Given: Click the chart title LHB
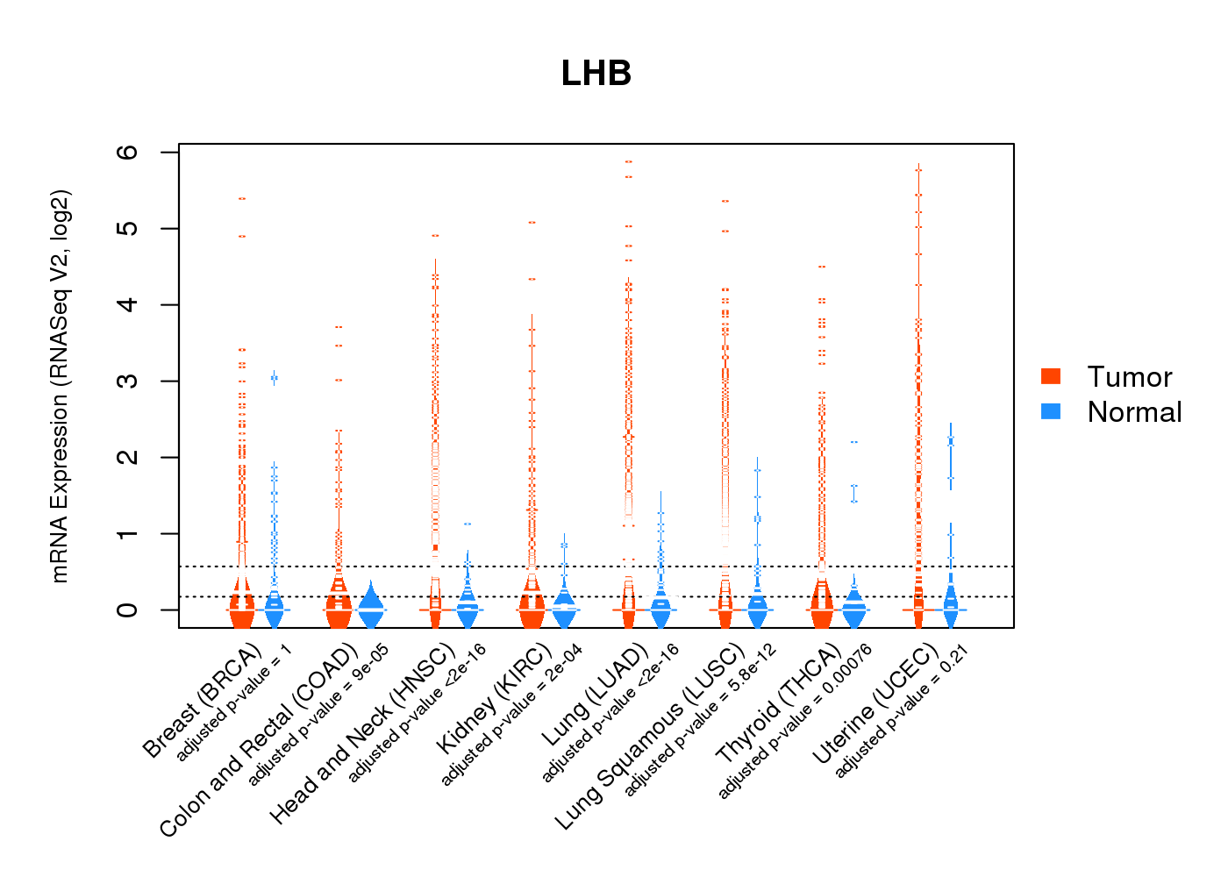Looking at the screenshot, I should pyautogui.click(x=596, y=74).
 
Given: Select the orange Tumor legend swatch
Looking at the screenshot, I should pyautogui.click(x=1051, y=376).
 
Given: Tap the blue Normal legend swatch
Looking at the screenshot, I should pyautogui.click(x=1051, y=411).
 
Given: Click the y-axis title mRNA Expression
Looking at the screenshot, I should pyautogui.click(x=60, y=386).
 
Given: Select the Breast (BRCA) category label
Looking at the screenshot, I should pyautogui.click(x=203, y=702).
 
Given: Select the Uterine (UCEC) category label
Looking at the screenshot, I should pyautogui.click(x=875, y=703).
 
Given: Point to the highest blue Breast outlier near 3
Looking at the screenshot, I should pyautogui.click(x=275, y=378).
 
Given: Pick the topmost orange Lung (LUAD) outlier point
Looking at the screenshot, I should pyautogui.click(x=629, y=162).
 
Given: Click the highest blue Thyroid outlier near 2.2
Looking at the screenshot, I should pyautogui.click(x=853, y=442).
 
